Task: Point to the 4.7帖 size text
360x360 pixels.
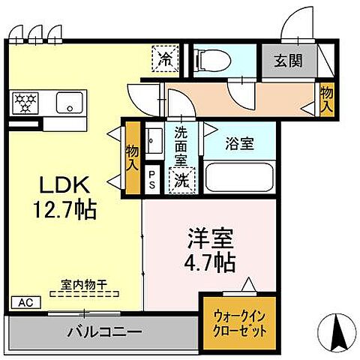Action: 210,262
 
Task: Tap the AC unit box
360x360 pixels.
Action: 24,303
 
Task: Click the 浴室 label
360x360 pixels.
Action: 241,142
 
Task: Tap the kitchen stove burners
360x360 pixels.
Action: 25,102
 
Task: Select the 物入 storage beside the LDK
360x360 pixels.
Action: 132,157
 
